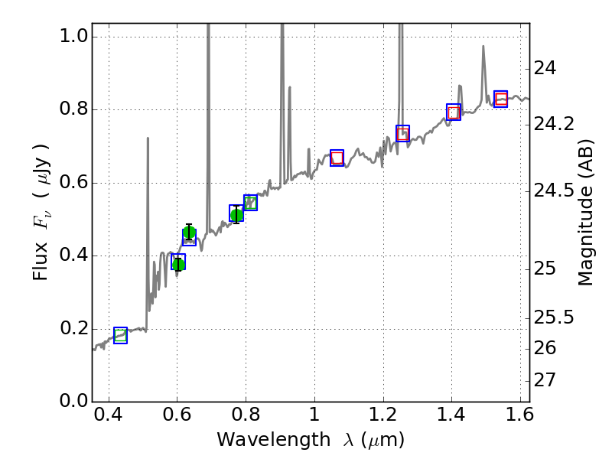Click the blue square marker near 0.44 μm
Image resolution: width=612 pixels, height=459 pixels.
click(120, 335)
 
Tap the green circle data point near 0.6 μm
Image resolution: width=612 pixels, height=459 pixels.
click(178, 264)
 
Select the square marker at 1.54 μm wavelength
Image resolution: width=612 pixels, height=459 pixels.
click(501, 99)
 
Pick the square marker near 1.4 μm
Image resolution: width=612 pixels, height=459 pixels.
click(454, 112)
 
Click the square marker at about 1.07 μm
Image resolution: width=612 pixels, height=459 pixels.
click(337, 158)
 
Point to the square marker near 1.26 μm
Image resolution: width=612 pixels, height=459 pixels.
click(402, 133)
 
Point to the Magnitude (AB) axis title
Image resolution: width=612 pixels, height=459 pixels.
click(586, 212)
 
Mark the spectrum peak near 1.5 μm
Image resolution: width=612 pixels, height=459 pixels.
click(483, 47)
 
